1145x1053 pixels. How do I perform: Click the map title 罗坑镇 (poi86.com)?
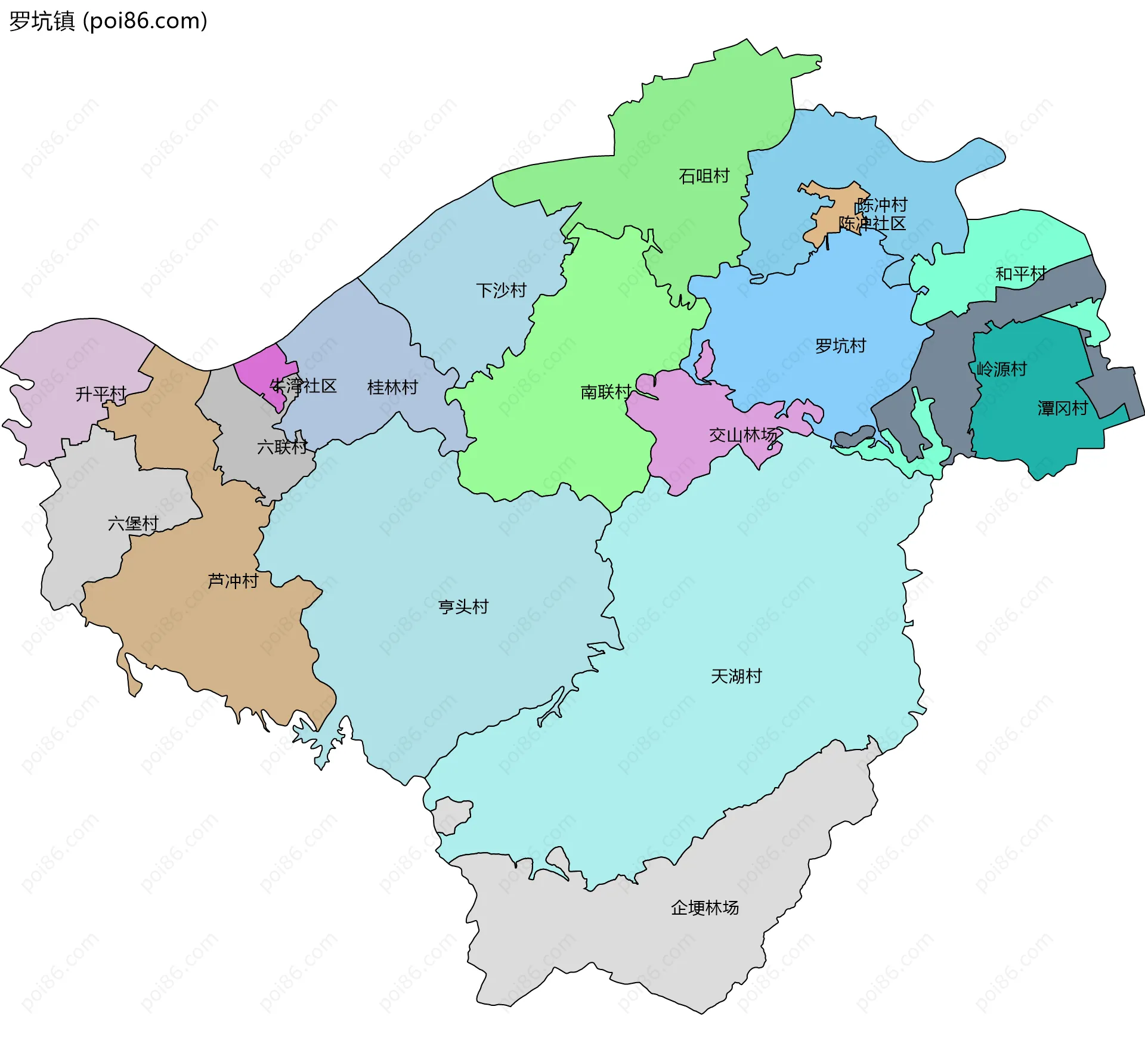pos(108,21)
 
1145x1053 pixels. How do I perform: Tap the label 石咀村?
pos(704,176)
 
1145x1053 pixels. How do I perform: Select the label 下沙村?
pos(501,290)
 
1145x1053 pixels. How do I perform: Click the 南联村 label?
pos(605,392)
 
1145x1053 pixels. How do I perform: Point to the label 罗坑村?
pos(840,346)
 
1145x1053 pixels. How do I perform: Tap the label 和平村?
pos(1020,274)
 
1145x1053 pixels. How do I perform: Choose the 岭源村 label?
pos(1001,369)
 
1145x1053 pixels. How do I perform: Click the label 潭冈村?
pos(1063,408)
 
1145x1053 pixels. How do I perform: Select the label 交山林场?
pos(743,435)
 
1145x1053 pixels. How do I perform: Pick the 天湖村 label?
pos(736,676)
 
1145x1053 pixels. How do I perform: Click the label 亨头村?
pos(463,607)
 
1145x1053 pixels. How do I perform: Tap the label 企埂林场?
pos(704,908)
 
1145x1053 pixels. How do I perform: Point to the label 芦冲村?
pos(233,581)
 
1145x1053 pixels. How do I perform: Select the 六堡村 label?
pos(133,524)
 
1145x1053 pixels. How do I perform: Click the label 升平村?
pos(101,394)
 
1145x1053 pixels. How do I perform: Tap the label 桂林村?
pos(392,388)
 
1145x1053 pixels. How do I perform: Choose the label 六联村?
pos(282,447)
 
